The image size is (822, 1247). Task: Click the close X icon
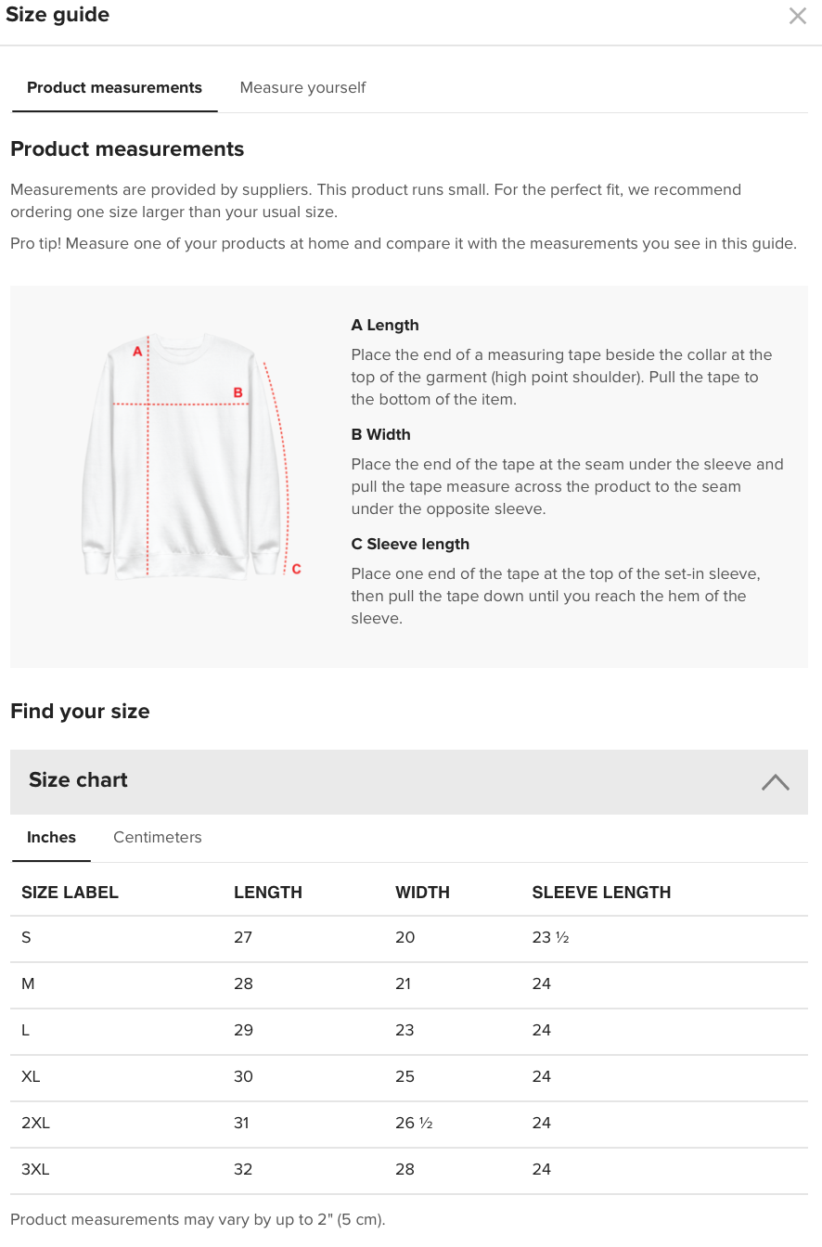(x=797, y=16)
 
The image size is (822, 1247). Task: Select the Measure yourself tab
(x=302, y=87)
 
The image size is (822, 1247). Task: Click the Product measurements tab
(x=114, y=87)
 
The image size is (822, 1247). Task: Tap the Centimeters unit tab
(x=157, y=837)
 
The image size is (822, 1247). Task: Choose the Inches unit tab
(x=51, y=837)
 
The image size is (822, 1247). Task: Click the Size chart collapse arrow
(x=775, y=781)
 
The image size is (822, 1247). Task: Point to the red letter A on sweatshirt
(x=137, y=351)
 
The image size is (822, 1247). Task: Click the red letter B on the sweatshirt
(x=238, y=392)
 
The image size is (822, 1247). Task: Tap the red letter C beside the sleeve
(x=296, y=569)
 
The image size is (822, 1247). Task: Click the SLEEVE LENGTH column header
(x=601, y=893)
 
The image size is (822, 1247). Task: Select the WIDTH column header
(x=422, y=893)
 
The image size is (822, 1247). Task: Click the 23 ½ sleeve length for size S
(x=550, y=937)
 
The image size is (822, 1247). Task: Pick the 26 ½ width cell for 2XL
(x=414, y=1123)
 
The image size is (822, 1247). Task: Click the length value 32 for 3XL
(x=243, y=1169)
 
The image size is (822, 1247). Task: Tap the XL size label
(x=31, y=1076)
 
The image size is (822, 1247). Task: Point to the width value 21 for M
(x=403, y=983)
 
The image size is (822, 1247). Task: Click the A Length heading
(x=385, y=325)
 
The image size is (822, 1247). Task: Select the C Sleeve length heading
(x=410, y=544)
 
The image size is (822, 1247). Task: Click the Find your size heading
(x=80, y=712)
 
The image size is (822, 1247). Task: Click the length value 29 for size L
(x=243, y=1030)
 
